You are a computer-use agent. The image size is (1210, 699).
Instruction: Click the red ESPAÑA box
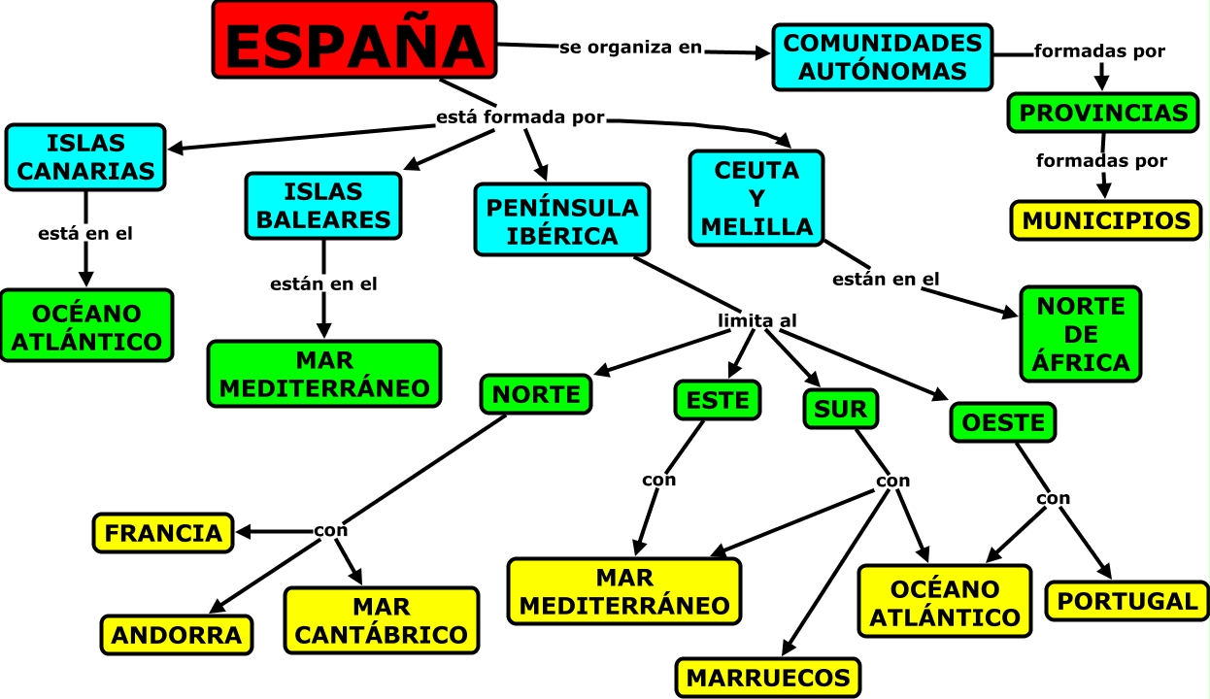point(354,40)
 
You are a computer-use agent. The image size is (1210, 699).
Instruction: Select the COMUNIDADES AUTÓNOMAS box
point(883,57)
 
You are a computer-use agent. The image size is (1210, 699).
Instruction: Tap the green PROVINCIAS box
point(1104,113)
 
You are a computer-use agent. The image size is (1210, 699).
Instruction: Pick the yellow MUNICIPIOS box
point(1106,220)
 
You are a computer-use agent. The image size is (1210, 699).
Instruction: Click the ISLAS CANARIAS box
point(85,157)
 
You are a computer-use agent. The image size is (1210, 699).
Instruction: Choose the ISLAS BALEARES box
point(323,206)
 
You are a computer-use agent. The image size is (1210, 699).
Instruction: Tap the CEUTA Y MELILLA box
point(756,199)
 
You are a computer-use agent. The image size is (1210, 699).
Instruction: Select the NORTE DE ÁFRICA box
point(1081,334)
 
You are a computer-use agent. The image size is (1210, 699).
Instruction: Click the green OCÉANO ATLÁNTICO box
point(86,326)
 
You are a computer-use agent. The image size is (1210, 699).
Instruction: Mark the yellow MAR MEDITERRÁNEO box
point(624,591)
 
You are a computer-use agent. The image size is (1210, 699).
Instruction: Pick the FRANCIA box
point(163,533)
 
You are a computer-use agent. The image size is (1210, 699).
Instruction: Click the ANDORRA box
point(177,635)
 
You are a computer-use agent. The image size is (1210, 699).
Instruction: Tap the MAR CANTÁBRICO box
point(381,620)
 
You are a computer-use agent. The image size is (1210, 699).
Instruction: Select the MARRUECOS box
point(767,677)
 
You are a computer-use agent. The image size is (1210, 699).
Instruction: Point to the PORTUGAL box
point(1126,601)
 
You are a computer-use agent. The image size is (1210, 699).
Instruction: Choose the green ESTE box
point(718,399)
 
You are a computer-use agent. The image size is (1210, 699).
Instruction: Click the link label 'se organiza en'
point(630,48)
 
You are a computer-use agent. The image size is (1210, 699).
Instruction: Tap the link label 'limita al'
point(757,320)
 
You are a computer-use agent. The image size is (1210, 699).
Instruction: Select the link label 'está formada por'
point(521,118)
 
